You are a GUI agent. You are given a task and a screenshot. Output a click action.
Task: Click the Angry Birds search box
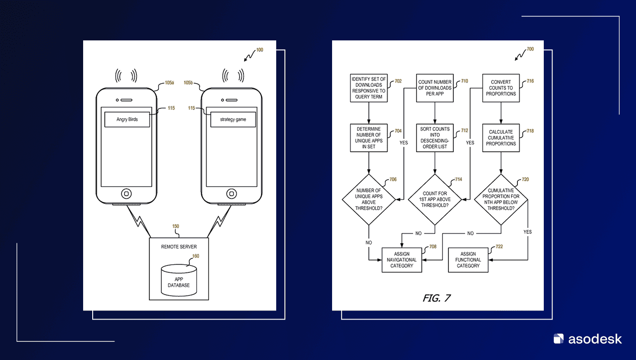[x=127, y=119]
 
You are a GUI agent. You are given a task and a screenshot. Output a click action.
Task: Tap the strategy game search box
[x=233, y=119]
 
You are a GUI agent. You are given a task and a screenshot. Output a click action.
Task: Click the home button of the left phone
[x=126, y=194]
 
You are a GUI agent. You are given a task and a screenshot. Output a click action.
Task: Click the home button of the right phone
[x=231, y=194]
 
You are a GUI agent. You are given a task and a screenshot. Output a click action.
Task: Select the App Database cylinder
[x=179, y=280]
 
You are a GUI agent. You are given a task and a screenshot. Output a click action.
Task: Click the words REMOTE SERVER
[x=179, y=247]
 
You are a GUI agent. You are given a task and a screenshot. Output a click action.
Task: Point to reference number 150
[x=176, y=226]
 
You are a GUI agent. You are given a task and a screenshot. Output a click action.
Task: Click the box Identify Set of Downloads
[x=368, y=88]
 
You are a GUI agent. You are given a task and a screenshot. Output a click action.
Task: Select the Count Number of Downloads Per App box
[x=435, y=88]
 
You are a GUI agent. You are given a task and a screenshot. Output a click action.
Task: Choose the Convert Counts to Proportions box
[x=501, y=88]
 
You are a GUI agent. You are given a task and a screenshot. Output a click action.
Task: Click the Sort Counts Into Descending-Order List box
[x=435, y=138]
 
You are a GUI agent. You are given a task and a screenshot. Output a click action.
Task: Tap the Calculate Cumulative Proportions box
[x=501, y=138]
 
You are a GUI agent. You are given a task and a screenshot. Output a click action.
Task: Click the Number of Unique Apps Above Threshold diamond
[x=368, y=199]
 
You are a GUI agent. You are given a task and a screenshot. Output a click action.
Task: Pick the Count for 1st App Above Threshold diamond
[x=435, y=199]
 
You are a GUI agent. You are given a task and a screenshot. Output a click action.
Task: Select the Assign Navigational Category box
[x=402, y=260]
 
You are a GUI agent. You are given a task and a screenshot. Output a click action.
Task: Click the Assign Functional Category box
[x=468, y=260]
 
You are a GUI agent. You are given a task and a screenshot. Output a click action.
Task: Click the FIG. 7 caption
[x=437, y=298]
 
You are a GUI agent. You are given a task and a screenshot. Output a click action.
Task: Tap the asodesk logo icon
[x=558, y=339]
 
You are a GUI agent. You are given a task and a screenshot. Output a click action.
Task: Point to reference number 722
[x=499, y=247]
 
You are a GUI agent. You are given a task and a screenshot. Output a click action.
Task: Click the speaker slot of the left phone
[x=126, y=100]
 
